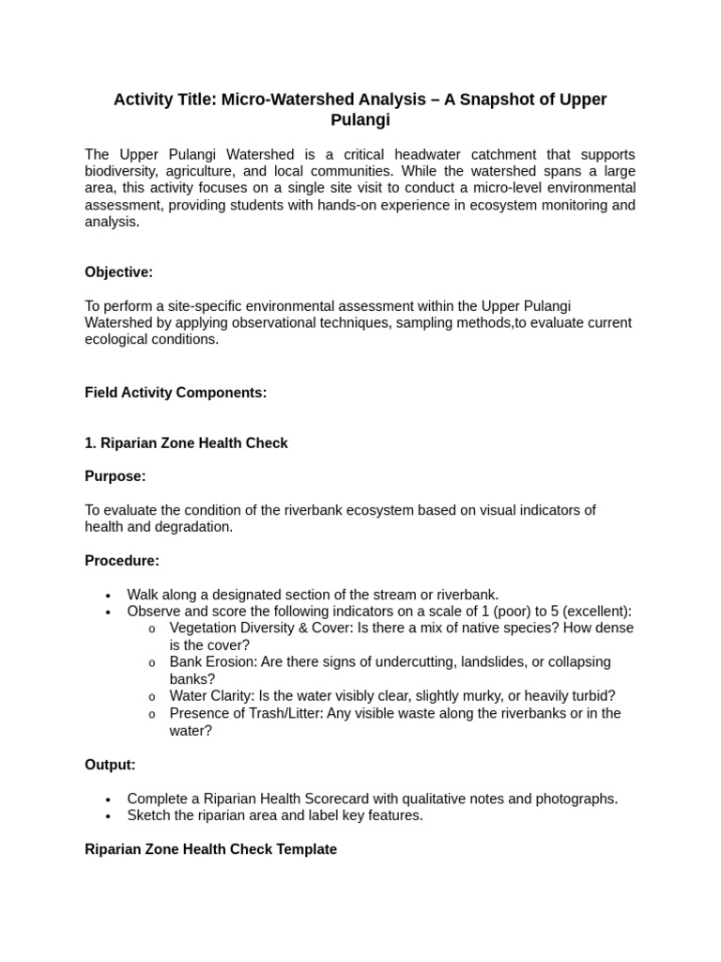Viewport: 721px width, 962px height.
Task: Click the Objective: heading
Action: (x=118, y=272)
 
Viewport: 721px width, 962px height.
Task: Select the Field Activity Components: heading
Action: (x=176, y=393)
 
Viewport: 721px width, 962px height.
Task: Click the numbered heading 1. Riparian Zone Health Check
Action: (x=186, y=442)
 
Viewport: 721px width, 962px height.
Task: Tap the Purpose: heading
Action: (x=115, y=476)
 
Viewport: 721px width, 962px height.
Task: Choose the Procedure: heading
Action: (x=122, y=561)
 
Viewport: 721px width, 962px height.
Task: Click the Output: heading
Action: (x=110, y=765)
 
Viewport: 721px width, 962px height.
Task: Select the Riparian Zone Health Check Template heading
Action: (x=210, y=849)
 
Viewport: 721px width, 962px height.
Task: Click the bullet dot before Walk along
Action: (x=109, y=596)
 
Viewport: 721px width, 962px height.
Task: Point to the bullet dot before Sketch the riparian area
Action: (x=109, y=816)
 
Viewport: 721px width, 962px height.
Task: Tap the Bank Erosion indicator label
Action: (x=212, y=661)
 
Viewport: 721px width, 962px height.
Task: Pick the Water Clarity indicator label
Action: (x=213, y=695)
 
